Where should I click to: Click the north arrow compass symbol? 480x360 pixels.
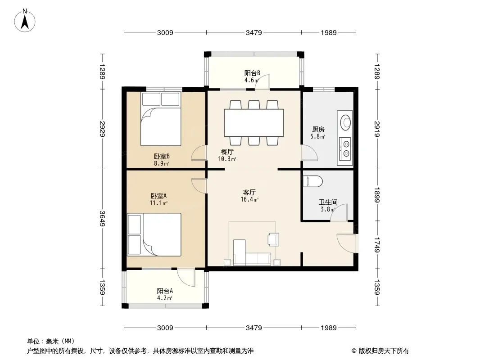[25, 21]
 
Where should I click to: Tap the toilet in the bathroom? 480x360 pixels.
[312, 181]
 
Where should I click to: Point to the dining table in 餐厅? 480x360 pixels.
[254, 123]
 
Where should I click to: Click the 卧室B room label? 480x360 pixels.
[162, 156]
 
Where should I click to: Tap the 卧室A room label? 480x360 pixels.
[158, 196]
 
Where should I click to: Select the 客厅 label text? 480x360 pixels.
[249, 193]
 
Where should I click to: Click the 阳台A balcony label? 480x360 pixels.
[165, 291]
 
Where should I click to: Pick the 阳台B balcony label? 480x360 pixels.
[252, 73]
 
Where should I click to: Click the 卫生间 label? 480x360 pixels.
[328, 202]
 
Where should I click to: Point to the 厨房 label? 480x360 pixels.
[318, 130]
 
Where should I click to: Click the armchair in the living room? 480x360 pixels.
[273, 239]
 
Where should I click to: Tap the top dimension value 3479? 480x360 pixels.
[254, 33]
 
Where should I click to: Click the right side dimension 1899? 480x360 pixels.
[376, 195]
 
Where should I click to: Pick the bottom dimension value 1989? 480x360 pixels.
[329, 328]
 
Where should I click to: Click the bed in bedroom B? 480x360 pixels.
[161, 119]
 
